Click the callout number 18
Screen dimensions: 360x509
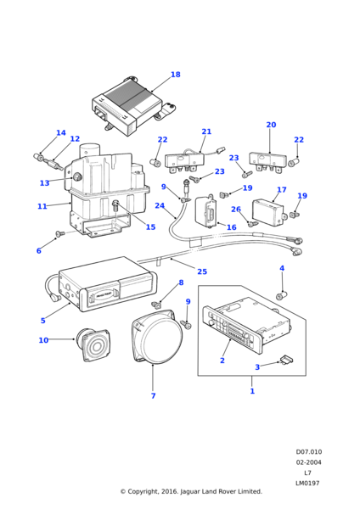[x=176, y=75]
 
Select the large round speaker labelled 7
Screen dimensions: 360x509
[x=157, y=337]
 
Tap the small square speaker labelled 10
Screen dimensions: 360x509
[x=93, y=344]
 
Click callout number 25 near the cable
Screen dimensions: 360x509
[x=202, y=271]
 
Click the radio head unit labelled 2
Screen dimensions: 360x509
[x=246, y=325]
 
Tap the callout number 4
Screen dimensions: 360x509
[x=282, y=268]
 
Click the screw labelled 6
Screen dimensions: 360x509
[x=60, y=233]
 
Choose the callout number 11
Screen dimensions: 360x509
[x=42, y=206]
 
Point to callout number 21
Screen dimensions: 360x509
[x=206, y=131]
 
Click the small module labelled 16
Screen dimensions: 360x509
[x=206, y=211]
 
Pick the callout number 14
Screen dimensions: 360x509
[x=61, y=133]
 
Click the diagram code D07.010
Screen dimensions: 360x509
[x=309, y=452]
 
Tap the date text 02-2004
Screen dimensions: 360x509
[x=308, y=462]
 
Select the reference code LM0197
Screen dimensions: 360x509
[x=307, y=483]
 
